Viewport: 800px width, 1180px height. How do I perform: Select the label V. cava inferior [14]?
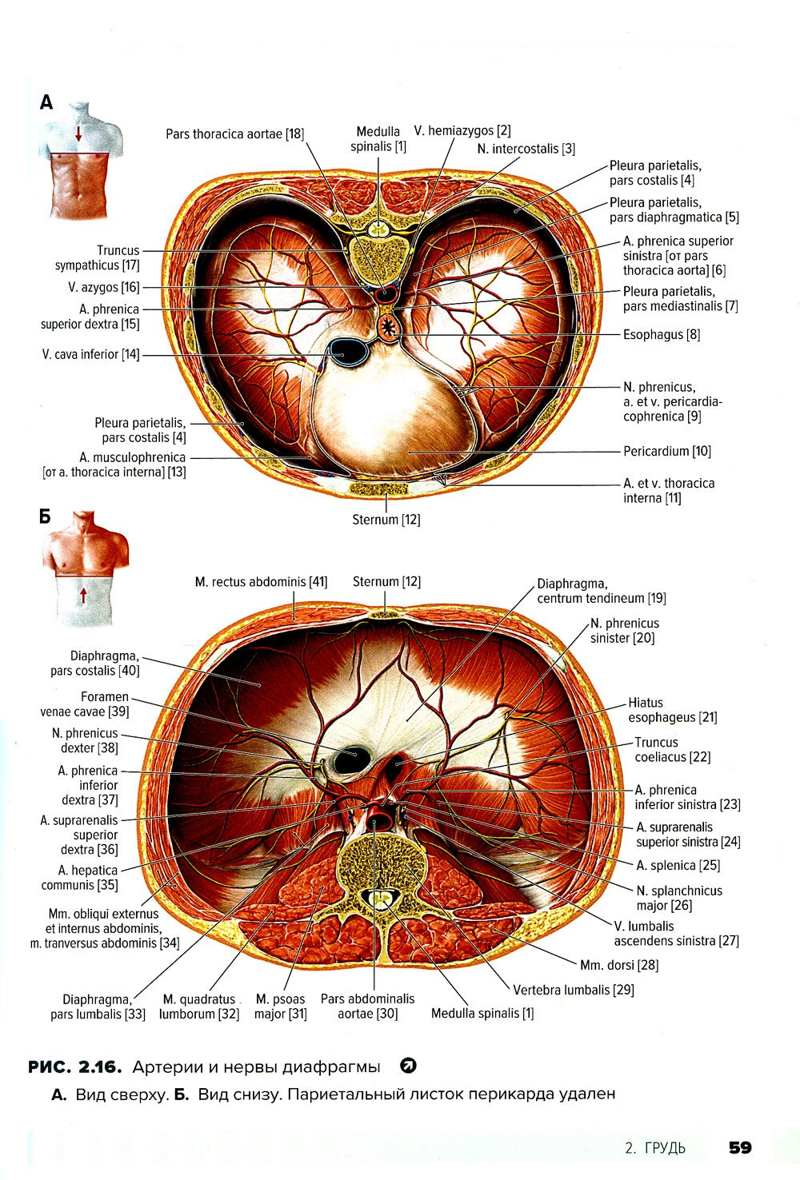pos(90,354)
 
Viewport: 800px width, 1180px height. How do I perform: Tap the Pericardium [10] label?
pos(666,451)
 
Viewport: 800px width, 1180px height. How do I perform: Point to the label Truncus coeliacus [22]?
pos(672,749)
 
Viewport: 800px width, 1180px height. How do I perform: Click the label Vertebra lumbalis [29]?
pos(574,990)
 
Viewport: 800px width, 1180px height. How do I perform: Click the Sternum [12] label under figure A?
pos(386,520)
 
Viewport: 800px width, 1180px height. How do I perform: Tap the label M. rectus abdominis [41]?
pos(261,582)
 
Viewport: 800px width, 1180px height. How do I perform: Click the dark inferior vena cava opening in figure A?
pos(347,349)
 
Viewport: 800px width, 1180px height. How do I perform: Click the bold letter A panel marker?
pos(46,102)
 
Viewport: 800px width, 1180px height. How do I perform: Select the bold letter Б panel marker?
pos(45,516)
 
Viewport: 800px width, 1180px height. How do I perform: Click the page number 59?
pos(739,1147)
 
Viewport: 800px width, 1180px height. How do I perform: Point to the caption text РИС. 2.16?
pos(74,1066)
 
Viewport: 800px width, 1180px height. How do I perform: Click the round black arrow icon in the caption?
pos(407,1066)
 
